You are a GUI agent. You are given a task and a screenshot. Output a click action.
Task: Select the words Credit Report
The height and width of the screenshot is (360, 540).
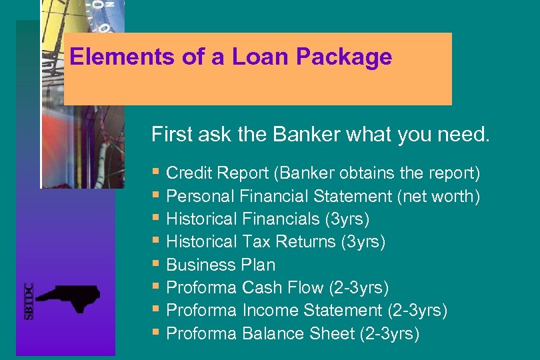pos(217,173)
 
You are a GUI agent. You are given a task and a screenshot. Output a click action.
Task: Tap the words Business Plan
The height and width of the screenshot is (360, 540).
pos(220,265)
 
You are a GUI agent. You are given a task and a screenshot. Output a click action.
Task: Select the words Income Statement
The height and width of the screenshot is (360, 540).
pos(311,310)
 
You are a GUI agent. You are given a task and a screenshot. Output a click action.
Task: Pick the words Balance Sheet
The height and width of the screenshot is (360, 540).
pos(298,333)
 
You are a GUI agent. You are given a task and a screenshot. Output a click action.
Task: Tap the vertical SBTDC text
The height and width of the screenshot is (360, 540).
pos(29,301)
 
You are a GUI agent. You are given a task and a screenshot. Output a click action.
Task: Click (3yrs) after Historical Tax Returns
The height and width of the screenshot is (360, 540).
pos(363,241)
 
